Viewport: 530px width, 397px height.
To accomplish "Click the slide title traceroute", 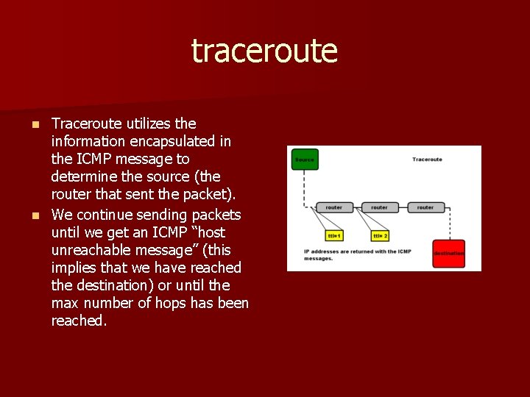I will point(264,51).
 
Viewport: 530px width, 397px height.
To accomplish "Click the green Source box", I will point(305,159).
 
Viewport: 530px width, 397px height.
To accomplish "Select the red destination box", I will point(448,253).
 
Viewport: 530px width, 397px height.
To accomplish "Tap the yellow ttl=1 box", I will point(335,236).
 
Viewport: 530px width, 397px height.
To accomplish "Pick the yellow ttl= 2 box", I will point(380,236).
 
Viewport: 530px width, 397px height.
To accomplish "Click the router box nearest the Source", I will point(333,207).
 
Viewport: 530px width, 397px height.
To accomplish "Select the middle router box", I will point(379,207).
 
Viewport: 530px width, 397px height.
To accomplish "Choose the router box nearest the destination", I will point(425,207).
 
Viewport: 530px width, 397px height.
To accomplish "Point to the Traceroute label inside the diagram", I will point(427,160).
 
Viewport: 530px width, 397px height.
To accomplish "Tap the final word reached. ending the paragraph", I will point(79,321).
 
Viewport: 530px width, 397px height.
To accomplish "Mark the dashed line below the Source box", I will point(304,187).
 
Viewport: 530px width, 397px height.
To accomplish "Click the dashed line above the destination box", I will point(448,223).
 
